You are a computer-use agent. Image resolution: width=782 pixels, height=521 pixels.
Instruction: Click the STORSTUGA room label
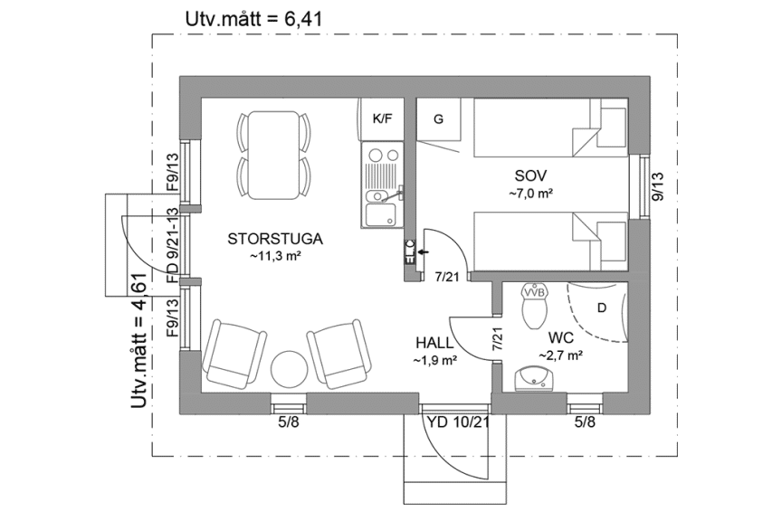[x=275, y=239]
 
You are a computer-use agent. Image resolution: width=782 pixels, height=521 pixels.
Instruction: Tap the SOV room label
[x=530, y=175]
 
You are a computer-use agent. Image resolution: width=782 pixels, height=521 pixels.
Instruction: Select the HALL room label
[x=434, y=343]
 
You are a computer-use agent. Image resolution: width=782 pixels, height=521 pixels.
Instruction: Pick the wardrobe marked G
[x=439, y=119]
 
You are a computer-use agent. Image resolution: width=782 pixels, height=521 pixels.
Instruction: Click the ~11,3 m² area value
[x=274, y=257]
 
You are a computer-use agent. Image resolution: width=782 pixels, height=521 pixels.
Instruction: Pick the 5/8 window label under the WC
[x=586, y=422]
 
